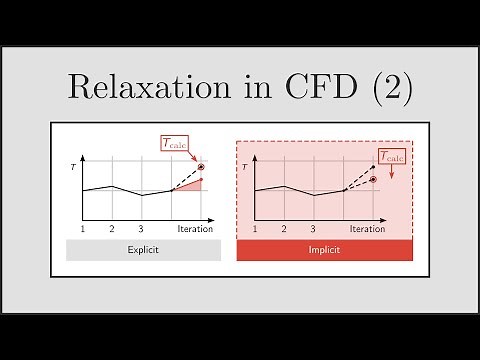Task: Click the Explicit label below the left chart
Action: point(144,250)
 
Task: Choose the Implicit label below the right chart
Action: point(323,250)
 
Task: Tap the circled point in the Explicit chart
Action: point(201,167)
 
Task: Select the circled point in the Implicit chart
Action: point(373,179)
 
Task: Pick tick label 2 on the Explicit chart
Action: point(112,229)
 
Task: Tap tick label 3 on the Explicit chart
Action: point(142,229)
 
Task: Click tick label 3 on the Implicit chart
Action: point(314,229)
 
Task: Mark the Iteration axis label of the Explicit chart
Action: point(195,229)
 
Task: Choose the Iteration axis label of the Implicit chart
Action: point(367,229)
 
